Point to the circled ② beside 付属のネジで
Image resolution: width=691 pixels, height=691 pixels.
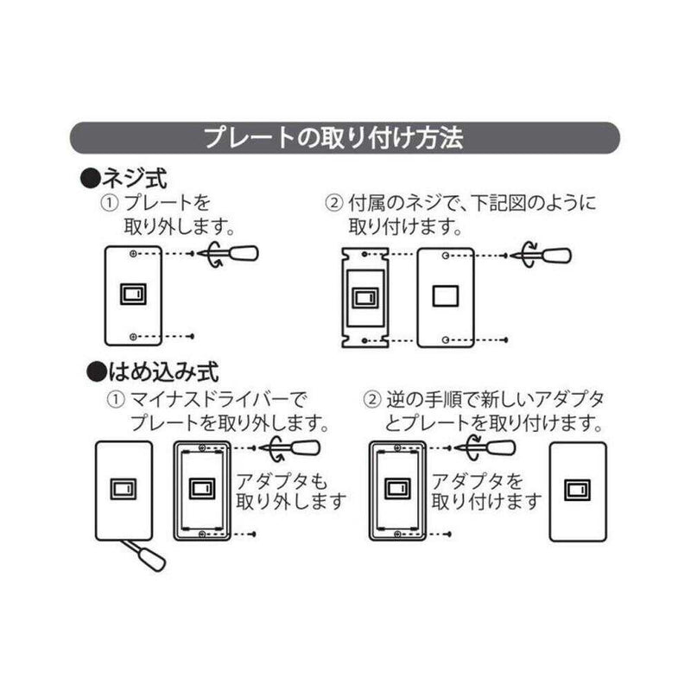coord(333,204)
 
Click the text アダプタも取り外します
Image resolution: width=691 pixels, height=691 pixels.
coord(289,491)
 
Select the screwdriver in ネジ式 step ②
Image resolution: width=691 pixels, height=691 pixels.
coord(543,255)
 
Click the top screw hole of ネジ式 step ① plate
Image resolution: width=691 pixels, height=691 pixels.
coord(131,255)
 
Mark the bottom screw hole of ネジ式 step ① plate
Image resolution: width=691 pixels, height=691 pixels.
coord(131,335)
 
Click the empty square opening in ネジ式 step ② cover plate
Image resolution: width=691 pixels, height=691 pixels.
coord(445,295)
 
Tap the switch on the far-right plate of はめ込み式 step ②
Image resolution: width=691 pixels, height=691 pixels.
coord(576,491)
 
